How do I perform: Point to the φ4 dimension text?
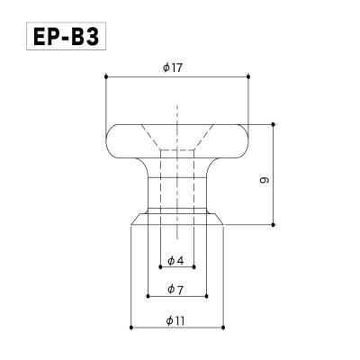[x=175, y=261]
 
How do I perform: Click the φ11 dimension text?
[x=175, y=320]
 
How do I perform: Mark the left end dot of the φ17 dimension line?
[x=106, y=77]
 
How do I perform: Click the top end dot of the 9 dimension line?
[x=274, y=123]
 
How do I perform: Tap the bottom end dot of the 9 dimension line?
[x=274, y=223]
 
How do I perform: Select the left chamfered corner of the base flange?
[x=136, y=217]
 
